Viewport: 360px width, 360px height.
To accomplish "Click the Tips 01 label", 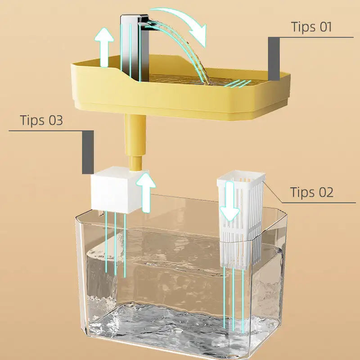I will [311, 27].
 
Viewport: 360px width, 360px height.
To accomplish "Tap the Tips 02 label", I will [312, 192].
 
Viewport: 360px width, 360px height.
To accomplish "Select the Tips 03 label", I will [41, 121].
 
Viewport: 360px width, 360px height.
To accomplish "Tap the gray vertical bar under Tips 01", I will [274, 58].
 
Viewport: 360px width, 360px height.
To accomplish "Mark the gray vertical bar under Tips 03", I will [88, 152].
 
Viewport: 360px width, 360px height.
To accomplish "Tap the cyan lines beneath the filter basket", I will [234, 301].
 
